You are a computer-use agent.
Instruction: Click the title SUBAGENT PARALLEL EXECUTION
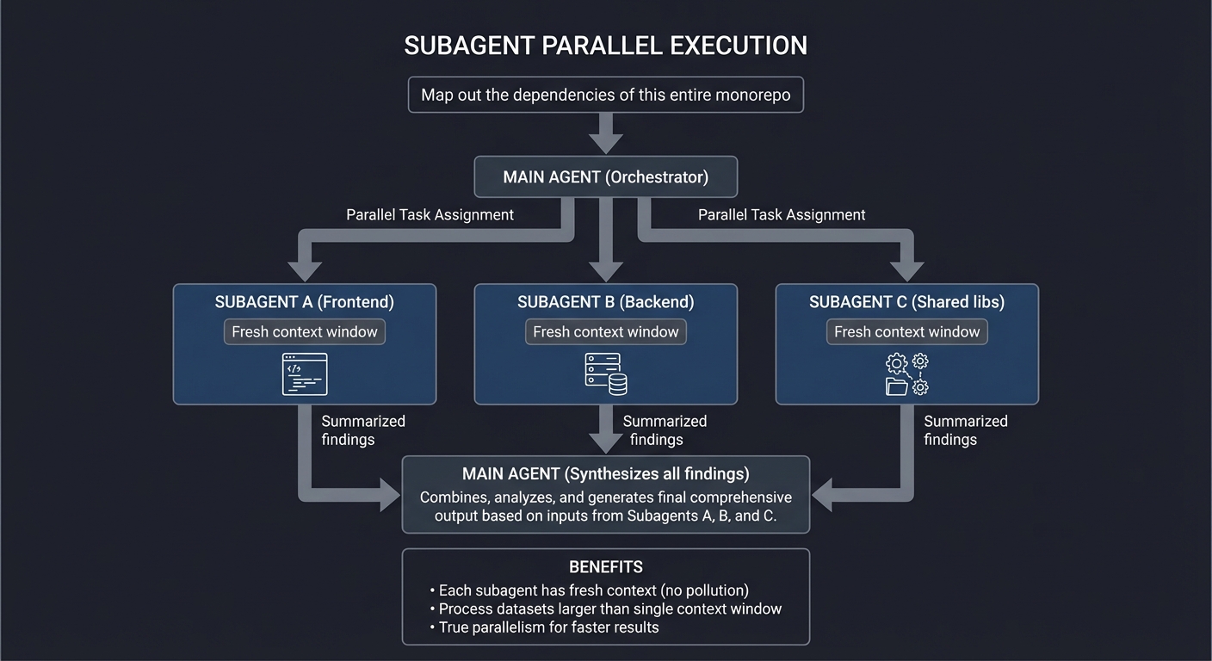[606, 46]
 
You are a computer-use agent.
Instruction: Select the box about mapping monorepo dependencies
[606, 95]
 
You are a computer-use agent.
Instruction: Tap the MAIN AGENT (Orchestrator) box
[606, 177]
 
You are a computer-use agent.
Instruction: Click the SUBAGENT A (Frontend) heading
[305, 302]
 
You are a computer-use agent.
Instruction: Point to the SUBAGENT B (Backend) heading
[606, 302]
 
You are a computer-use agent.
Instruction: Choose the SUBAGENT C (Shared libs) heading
[907, 302]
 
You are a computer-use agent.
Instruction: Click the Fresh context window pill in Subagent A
[305, 332]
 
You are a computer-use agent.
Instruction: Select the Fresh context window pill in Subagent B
[606, 332]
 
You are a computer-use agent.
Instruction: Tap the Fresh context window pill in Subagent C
[907, 332]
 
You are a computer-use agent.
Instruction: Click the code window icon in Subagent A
[305, 374]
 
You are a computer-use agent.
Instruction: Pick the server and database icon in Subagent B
[606, 374]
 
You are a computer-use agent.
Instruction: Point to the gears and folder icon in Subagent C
[907, 374]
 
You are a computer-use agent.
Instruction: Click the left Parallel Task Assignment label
[430, 215]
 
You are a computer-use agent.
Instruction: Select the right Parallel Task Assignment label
[782, 215]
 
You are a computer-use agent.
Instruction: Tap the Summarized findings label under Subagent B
[664, 430]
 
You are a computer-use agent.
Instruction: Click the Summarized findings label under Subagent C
[965, 430]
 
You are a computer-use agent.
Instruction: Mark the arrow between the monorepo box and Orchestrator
[606, 133]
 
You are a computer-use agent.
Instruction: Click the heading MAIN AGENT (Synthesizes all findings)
[606, 474]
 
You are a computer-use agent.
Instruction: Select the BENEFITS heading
[606, 567]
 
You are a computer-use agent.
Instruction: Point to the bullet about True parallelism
[548, 627]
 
